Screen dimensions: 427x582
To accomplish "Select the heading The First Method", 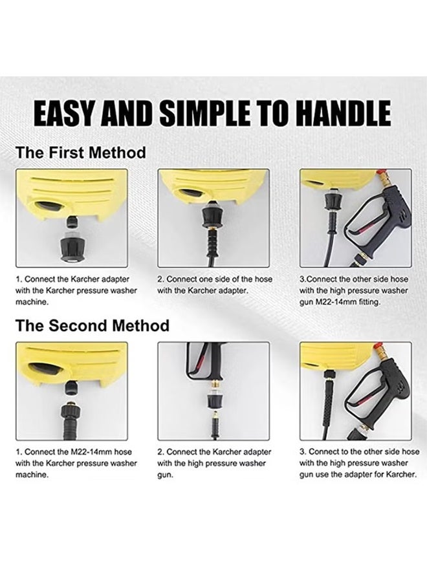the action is (x=81, y=153).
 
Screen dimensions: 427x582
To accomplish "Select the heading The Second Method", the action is (x=93, y=325).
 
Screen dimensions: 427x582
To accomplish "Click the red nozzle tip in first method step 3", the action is (x=380, y=174).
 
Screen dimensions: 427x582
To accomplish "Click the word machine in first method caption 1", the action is (x=32, y=302).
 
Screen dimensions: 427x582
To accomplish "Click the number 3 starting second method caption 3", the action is (x=302, y=452).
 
